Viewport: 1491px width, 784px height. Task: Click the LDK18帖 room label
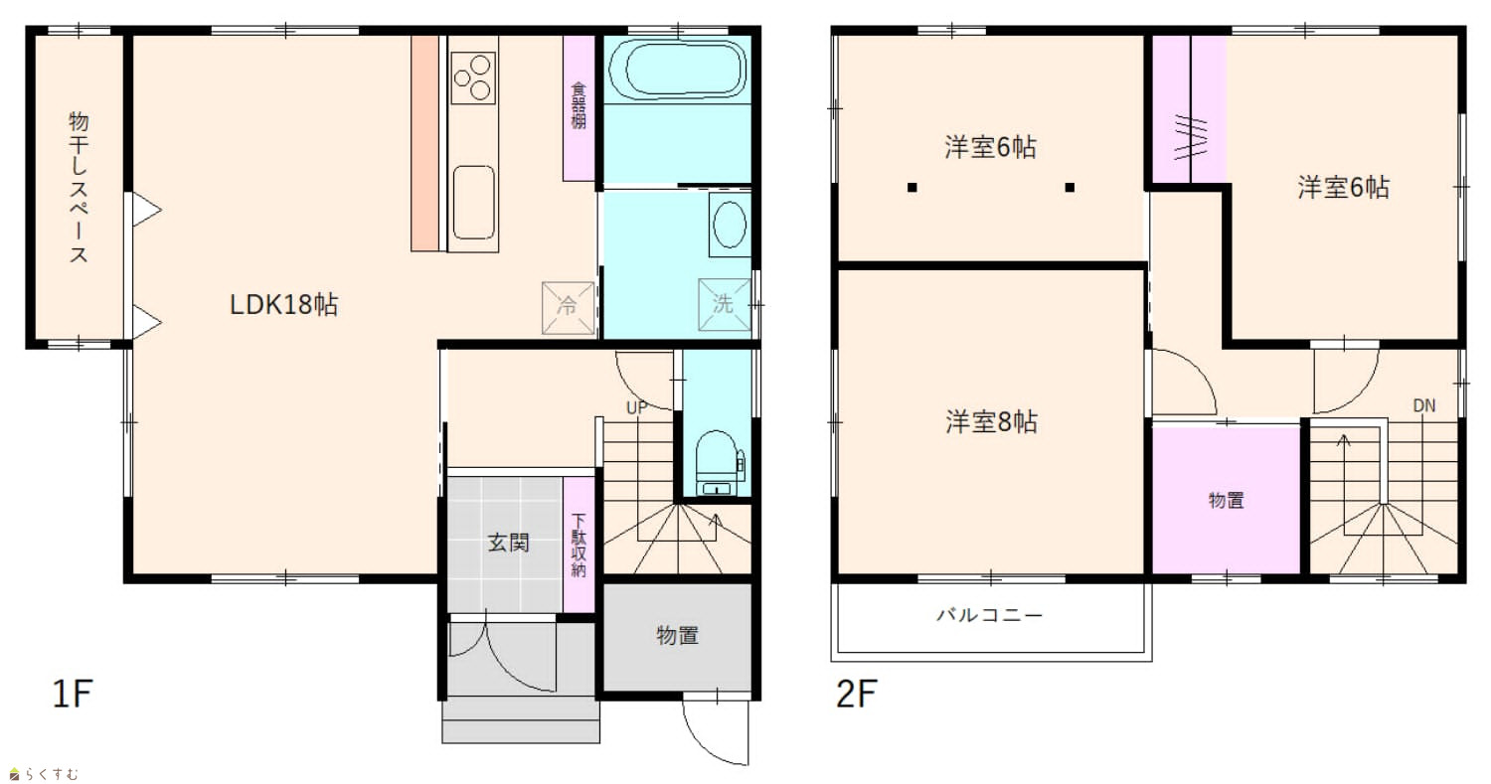coord(284,305)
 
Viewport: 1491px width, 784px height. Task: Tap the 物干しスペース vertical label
coord(79,187)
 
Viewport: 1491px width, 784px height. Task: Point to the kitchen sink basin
coord(473,203)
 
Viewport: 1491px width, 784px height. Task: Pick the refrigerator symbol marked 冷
coord(568,307)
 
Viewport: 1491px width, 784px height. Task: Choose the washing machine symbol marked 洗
coord(725,304)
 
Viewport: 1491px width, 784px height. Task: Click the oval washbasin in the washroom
coord(730,225)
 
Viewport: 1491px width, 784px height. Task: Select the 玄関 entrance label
coord(509,543)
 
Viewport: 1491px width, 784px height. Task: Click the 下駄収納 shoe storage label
coord(579,546)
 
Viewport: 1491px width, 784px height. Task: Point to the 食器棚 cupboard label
coord(580,105)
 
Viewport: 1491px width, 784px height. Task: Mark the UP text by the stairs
coord(636,408)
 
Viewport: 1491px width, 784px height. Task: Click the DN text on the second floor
coord(1424,405)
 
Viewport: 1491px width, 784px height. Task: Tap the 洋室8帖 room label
coord(991,422)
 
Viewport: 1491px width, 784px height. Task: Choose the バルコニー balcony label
coord(990,614)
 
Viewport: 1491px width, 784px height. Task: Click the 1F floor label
coord(73,694)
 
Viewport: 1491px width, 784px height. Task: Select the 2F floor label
coord(857,694)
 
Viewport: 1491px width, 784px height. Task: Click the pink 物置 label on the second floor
coord(1226,500)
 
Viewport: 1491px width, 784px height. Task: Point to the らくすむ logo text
coord(52,774)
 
